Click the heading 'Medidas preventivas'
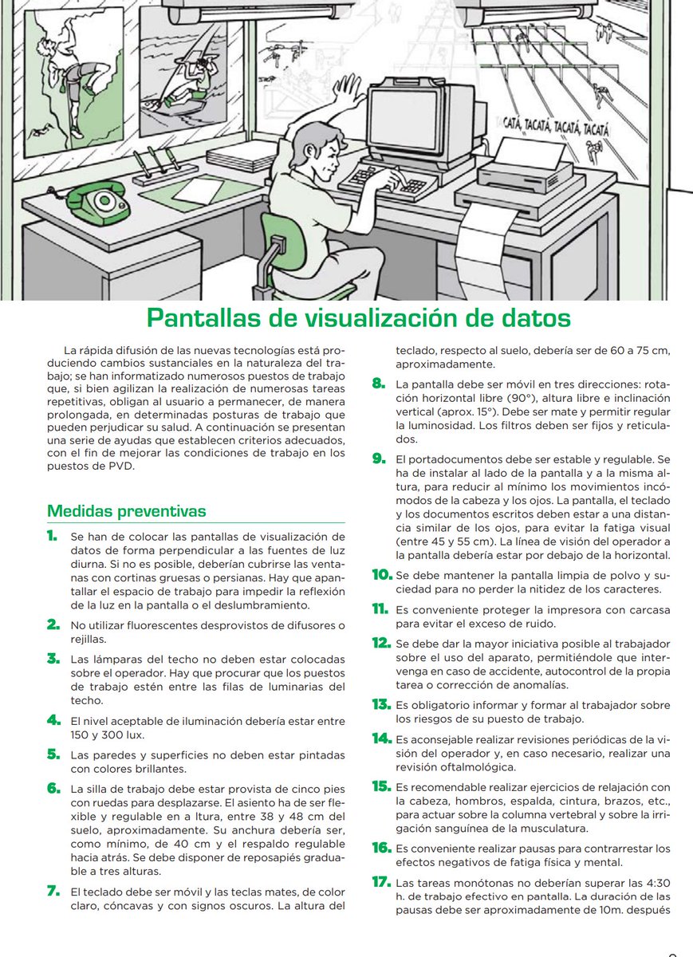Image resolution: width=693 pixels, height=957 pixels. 126,510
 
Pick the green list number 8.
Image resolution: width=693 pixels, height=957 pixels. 380,384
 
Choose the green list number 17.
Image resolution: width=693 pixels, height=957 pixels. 380,882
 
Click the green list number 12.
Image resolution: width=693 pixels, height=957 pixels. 380,642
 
